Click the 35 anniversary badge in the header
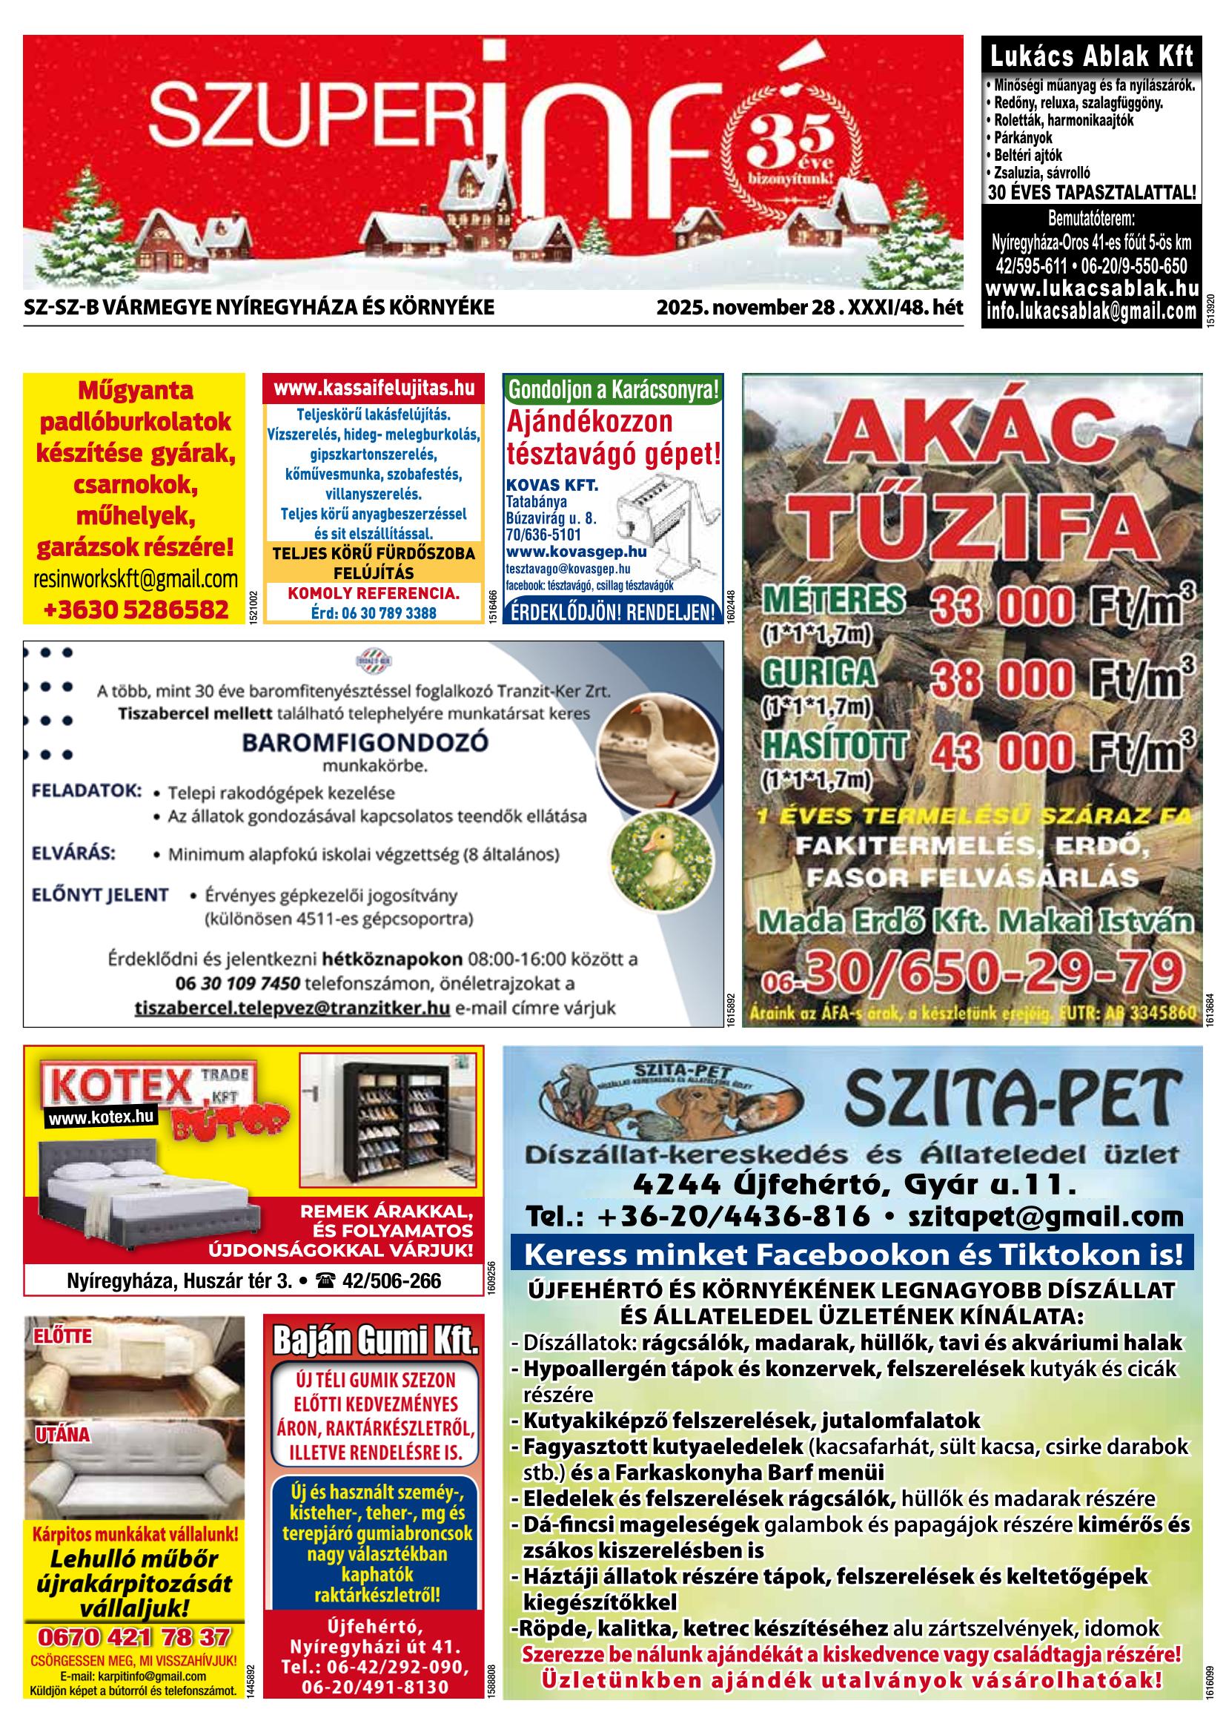pyautogui.click(x=789, y=152)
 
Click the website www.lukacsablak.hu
pyautogui.click(x=1091, y=288)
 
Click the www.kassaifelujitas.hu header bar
pyautogui.click(x=374, y=389)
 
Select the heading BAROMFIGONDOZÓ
pyautogui.click(x=365, y=742)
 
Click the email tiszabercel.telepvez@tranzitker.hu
pyautogui.click(x=292, y=1008)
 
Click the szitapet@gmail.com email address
pyautogui.click(x=1045, y=1217)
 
